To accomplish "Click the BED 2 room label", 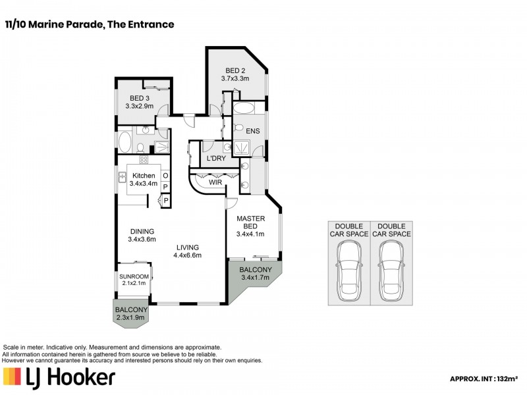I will [x=235, y=74].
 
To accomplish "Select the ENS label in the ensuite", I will [x=252, y=131].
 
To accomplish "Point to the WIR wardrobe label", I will [x=215, y=181].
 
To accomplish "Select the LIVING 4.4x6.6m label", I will [x=187, y=251].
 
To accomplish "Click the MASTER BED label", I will [x=250, y=226].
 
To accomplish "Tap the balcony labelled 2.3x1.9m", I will [x=131, y=313].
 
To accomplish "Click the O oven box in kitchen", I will [x=165, y=176].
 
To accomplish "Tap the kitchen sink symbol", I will [x=123, y=176].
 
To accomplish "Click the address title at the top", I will [x=89, y=24].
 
